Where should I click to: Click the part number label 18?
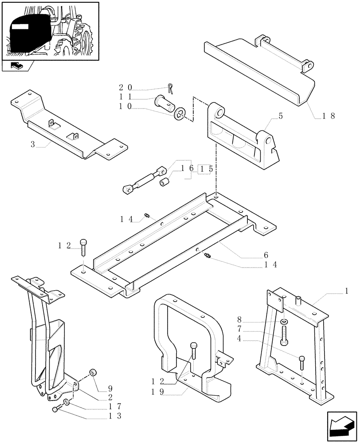[x=329, y=116]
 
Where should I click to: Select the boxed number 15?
[x=204, y=169]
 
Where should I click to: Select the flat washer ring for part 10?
[x=180, y=113]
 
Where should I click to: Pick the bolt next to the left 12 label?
[x=84, y=246]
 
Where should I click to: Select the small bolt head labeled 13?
[x=55, y=410]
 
